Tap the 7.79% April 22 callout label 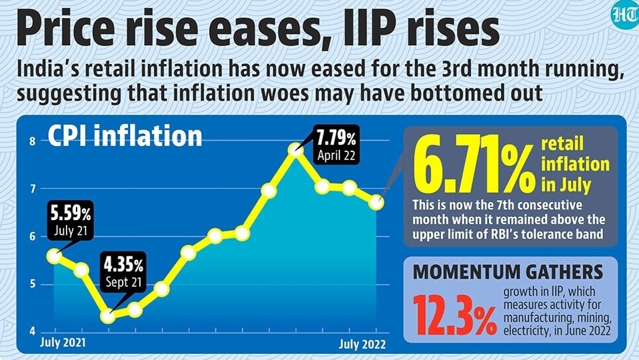click(x=336, y=145)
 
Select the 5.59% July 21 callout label click(x=71, y=220)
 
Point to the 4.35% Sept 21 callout click(x=123, y=271)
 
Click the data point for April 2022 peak click(x=295, y=150)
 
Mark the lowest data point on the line click(x=108, y=317)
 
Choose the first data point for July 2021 click(x=54, y=257)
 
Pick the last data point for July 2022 click(x=376, y=202)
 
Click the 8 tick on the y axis click(x=33, y=141)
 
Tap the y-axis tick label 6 click(x=33, y=237)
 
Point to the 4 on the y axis click(x=33, y=331)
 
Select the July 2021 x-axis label click(x=63, y=343)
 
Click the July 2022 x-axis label click(x=362, y=345)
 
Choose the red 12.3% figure click(x=455, y=315)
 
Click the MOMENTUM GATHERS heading click(x=508, y=272)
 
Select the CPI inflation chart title click(x=125, y=136)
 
